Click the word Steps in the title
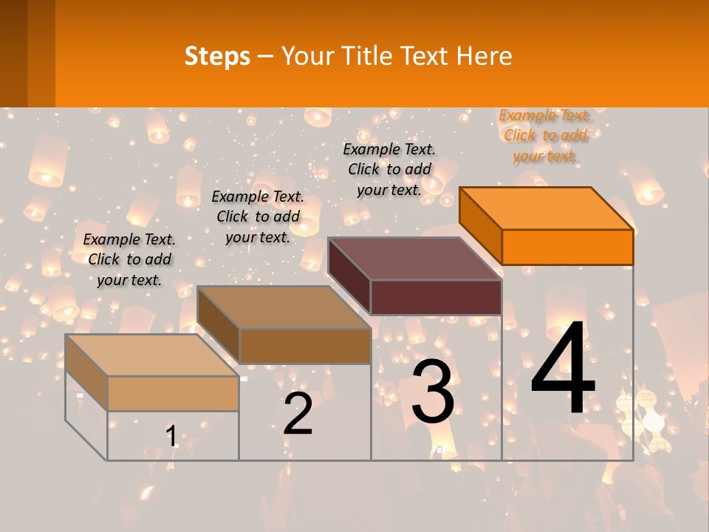[x=217, y=56]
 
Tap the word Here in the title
[x=484, y=56]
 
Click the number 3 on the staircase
[x=433, y=392]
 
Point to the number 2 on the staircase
[x=298, y=415]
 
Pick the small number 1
[x=171, y=437]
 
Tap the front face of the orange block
[x=567, y=247]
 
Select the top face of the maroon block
[x=415, y=259]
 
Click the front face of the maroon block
[x=436, y=297]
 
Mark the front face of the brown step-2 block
[x=305, y=346]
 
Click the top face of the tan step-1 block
[x=152, y=355]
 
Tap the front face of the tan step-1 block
[x=173, y=393]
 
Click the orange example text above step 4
[x=545, y=135]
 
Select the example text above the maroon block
[x=389, y=169]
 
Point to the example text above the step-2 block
[x=258, y=216]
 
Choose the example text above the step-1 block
[x=129, y=259]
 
